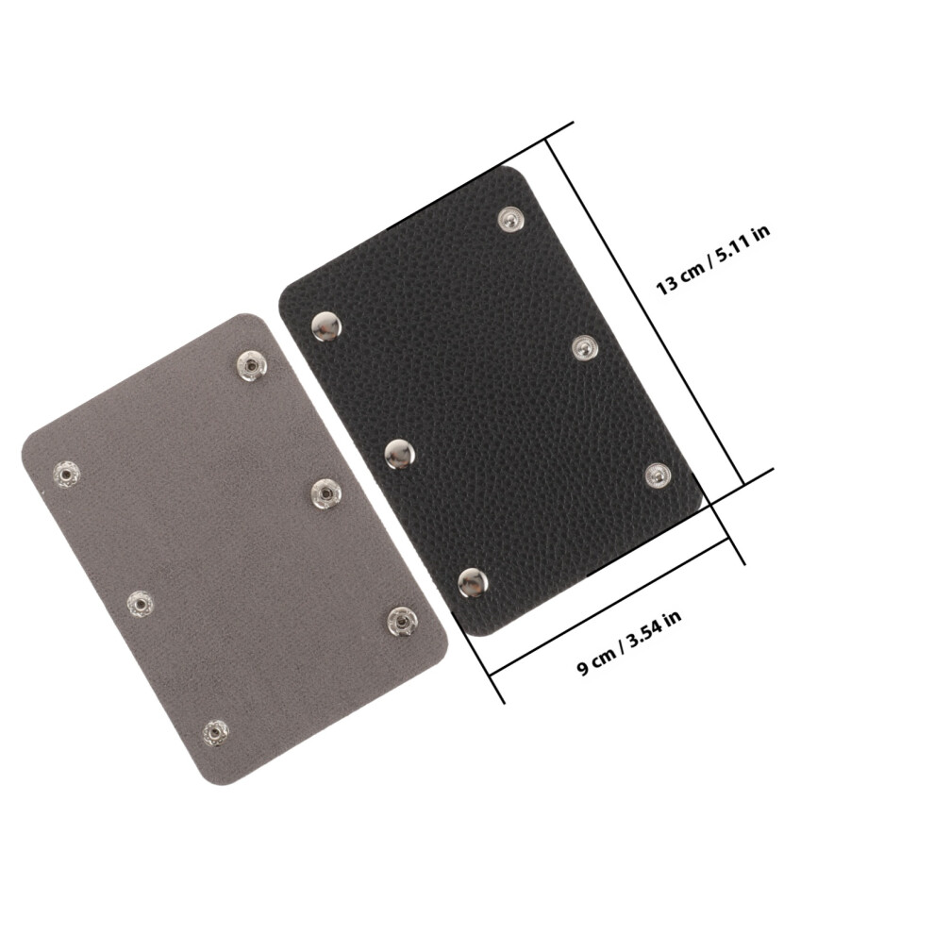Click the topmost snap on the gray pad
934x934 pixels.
point(251,365)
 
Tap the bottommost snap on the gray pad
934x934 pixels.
point(215,732)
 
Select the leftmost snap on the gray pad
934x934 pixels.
point(66,475)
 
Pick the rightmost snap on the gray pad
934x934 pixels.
point(402,622)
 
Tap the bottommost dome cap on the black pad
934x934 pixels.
point(473,582)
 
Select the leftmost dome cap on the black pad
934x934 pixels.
point(326,326)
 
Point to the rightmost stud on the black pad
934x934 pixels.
point(658,475)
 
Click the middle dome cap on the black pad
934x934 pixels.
point(399,454)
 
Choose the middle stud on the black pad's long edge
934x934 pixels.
point(585,348)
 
